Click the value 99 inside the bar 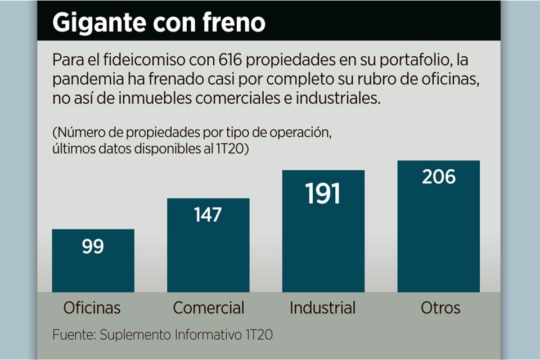(x=93, y=246)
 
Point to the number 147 (x=208, y=215)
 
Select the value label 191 (x=323, y=194)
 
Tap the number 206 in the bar (x=439, y=177)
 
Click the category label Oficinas (x=92, y=308)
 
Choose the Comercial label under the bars (x=209, y=308)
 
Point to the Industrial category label (x=322, y=308)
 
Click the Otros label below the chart (x=440, y=308)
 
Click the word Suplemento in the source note (x=132, y=335)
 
